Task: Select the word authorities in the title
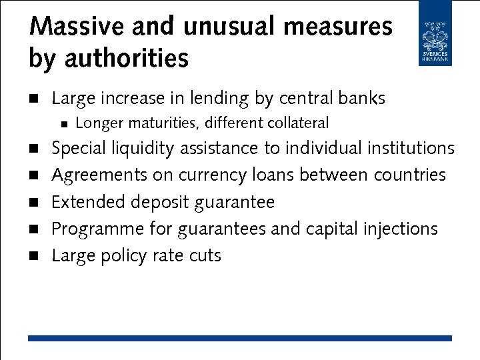pyautogui.click(x=126, y=59)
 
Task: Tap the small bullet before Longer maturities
pyautogui.click(x=63, y=123)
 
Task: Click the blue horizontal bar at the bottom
pyautogui.click(x=240, y=339)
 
